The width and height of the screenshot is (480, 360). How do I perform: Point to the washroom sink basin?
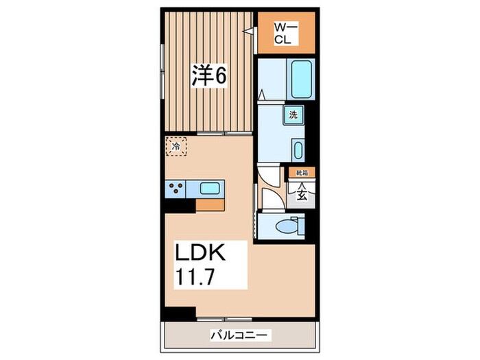(298, 150)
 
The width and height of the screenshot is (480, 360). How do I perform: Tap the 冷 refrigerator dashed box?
(176, 145)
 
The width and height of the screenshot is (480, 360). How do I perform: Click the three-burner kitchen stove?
(175, 188)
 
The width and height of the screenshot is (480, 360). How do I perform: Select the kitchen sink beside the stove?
(210, 188)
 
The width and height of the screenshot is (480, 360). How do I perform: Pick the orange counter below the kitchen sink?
(211, 204)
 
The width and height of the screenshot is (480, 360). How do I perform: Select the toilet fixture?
(287, 226)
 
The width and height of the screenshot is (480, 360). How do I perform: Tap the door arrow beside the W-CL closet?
(250, 30)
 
